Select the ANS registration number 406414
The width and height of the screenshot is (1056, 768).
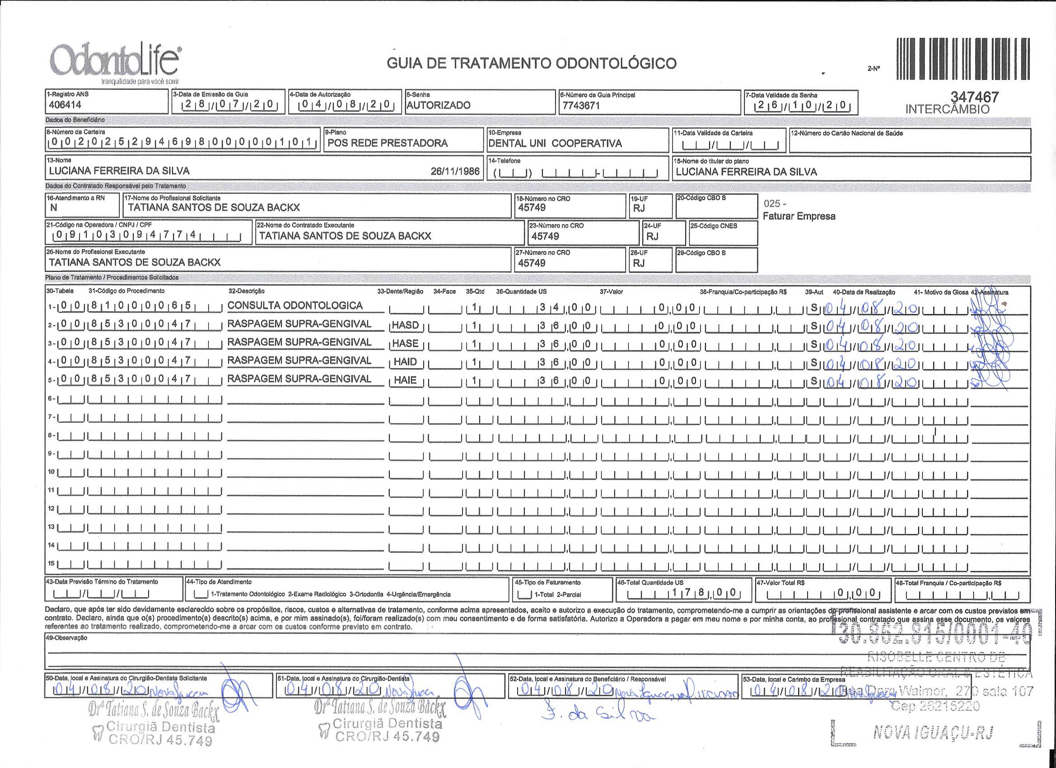coord(65,105)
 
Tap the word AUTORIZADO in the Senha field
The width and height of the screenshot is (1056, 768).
coord(438,105)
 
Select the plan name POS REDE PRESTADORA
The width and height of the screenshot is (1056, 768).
coord(388,143)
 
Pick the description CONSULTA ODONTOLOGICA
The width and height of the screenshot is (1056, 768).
coord(295,305)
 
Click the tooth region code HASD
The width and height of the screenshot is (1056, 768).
coord(405,325)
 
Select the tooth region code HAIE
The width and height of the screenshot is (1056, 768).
coord(405,380)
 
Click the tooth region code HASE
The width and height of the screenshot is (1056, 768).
coord(405,343)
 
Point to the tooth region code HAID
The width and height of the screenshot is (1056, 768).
coord(405,362)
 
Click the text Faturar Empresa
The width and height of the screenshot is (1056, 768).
coord(799,216)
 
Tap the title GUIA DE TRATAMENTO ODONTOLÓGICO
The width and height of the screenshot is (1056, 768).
coord(531,63)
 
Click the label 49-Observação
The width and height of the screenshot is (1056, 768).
coord(64,637)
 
